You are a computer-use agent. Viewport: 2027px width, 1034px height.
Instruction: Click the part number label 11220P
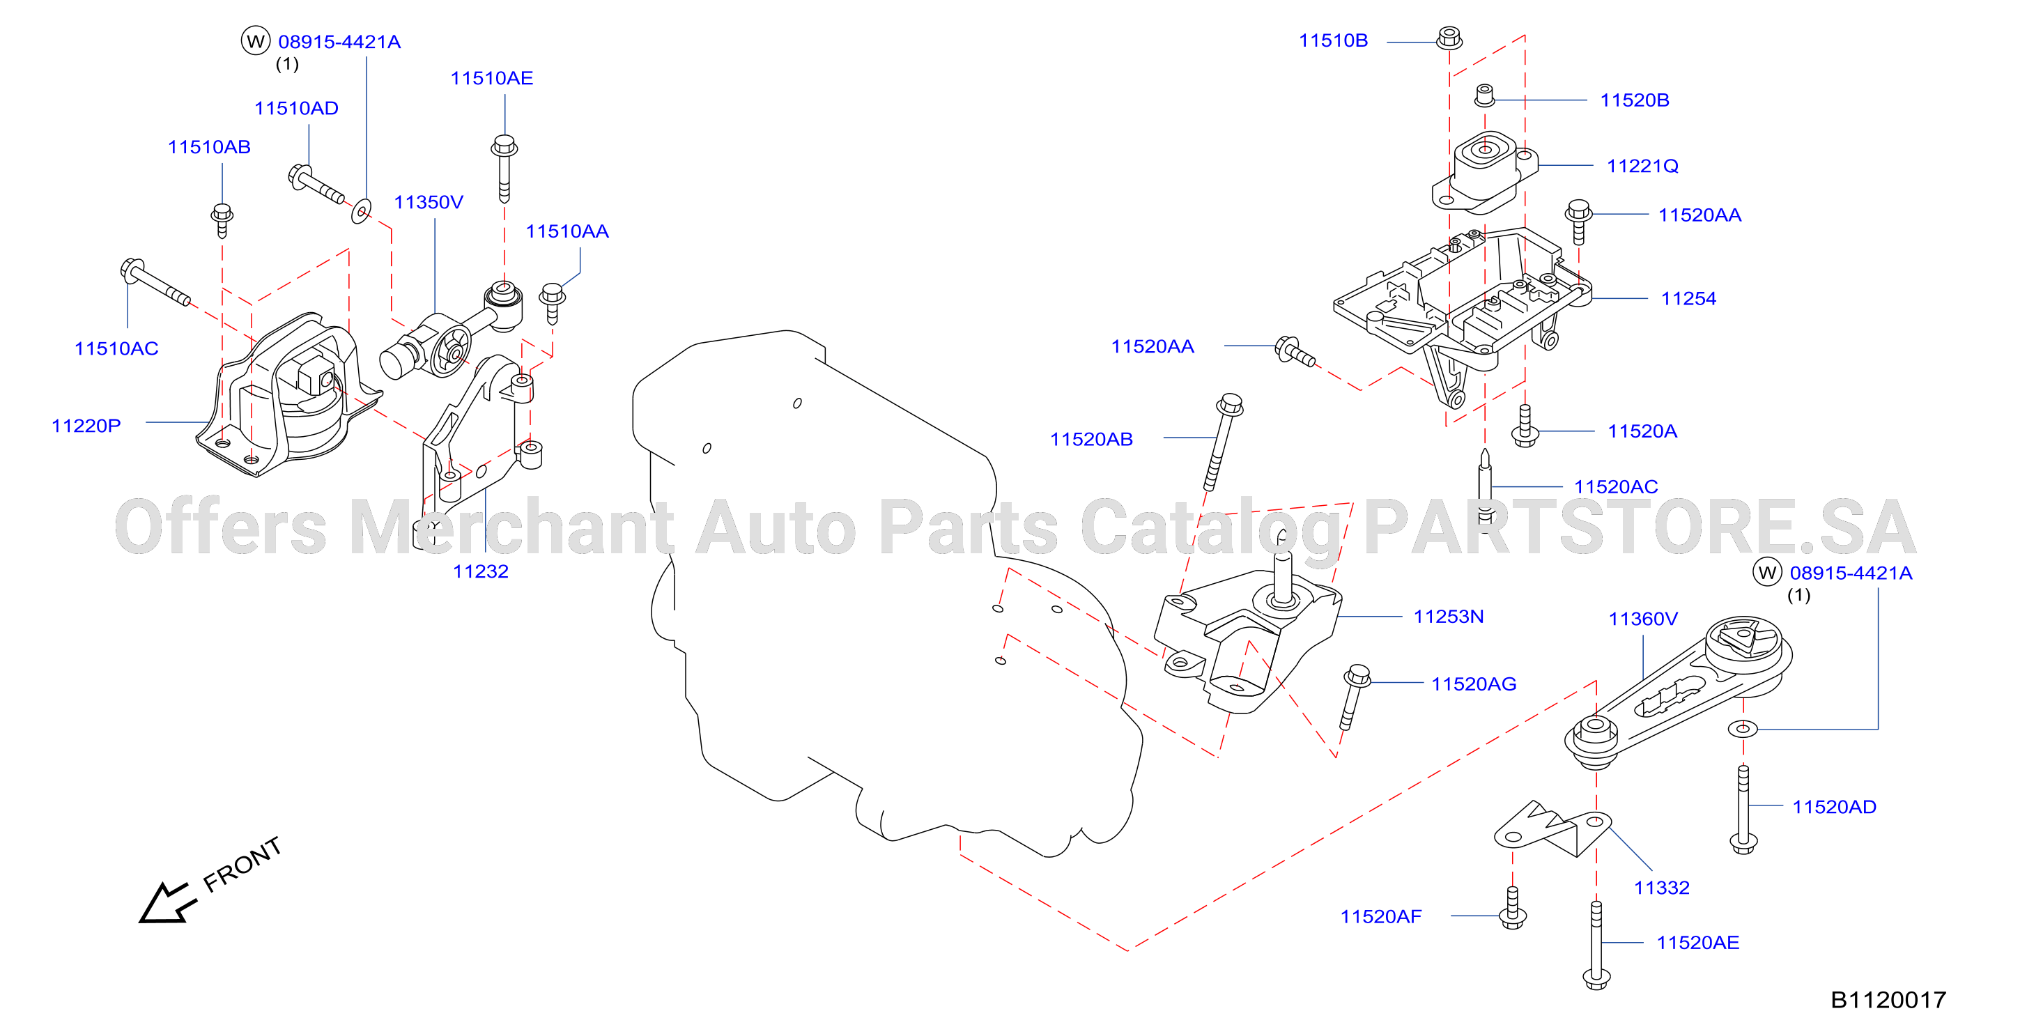point(86,426)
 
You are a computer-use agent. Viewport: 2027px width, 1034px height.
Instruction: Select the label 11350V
point(428,202)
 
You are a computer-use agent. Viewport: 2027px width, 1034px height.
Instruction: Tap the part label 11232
point(480,571)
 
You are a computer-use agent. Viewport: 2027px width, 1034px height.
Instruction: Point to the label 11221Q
point(1642,166)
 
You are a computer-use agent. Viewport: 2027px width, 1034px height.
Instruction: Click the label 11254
point(1688,298)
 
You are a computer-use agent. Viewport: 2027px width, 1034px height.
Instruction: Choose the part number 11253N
point(1448,616)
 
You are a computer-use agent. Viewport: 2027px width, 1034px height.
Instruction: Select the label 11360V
point(1642,619)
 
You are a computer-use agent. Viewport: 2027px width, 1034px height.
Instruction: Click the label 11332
point(1661,888)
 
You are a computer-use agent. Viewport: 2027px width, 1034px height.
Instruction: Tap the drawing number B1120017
point(1888,999)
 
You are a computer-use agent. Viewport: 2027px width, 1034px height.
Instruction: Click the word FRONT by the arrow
point(242,864)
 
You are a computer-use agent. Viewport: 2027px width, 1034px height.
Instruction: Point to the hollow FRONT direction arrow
point(167,902)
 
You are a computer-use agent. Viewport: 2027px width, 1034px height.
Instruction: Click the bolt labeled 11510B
point(1449,38)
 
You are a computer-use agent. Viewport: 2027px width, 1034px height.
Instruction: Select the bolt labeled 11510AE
point(504,169)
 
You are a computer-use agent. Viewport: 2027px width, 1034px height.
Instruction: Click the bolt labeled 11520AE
point(1596,945)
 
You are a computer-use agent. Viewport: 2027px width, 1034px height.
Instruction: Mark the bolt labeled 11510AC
point(155,281)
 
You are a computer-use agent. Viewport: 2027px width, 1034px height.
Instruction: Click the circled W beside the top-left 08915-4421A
point(255,41)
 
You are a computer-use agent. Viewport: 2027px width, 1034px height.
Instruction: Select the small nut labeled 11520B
point(1484,95)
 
